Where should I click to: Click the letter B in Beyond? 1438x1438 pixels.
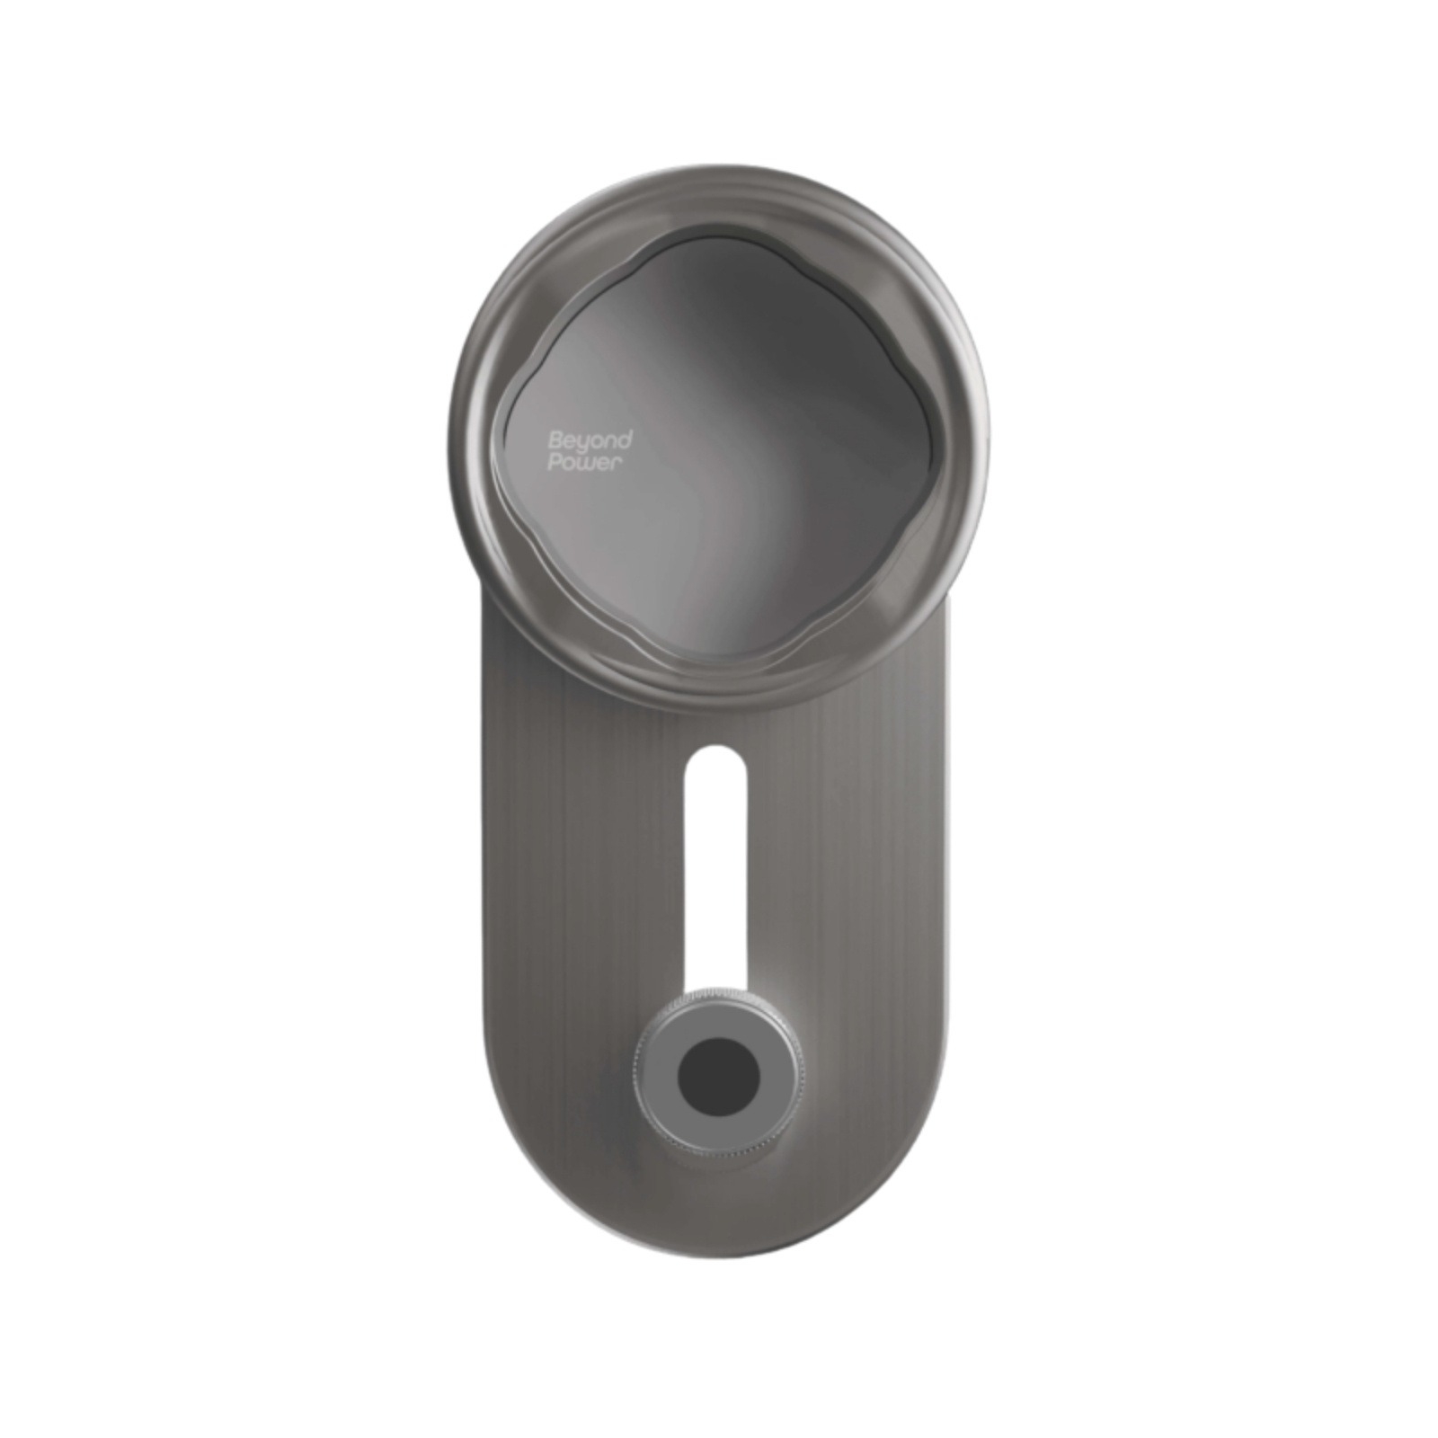[x=555, y=440]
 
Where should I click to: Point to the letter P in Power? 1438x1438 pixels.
[x=555, y=464]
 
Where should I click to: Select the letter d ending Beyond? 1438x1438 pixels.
[x=626, y=439]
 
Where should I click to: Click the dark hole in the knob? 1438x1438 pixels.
[x=718, y=1077]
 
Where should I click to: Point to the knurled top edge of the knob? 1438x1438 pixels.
[x=718, y=994]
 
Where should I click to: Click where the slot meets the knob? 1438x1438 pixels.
[x=715, y=987]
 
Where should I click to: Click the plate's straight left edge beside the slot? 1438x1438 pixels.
[x=486, y=863]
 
